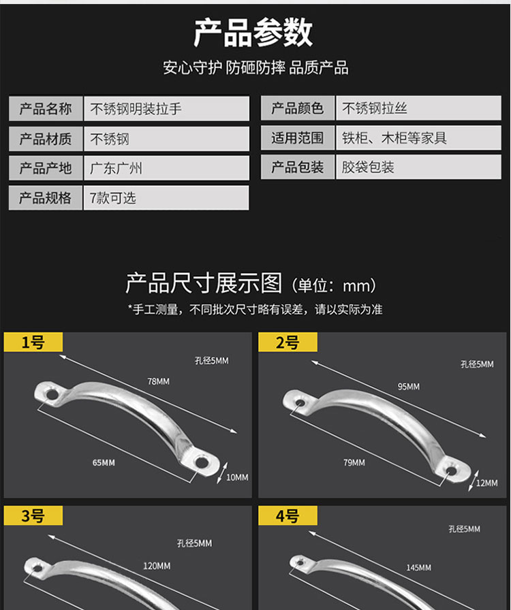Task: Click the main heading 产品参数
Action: (x=253, y=33)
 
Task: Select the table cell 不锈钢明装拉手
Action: (x=166, y=108)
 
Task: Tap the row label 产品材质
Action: (x=46, y=138)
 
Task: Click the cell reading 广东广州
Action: (x=166, y=168)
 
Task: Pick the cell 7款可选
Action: (x=166, y=197)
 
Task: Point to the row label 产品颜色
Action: (x=298, y=108)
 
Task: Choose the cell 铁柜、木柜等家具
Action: (x=419, y=138)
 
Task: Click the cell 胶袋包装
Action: (x=419, y=167)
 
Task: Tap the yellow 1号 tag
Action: (x=33, y=342)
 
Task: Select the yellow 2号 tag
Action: (x=288, y=342)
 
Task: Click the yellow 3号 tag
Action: (x=33, y=515)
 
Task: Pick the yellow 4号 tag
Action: (x=288, y=515)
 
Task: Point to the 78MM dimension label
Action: (x=159, y=381)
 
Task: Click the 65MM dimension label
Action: (x=104, y=462)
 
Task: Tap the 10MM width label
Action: (x=237, y=477)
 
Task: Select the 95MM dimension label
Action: (x=409, y=387)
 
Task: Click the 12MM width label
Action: (x=487, y=483)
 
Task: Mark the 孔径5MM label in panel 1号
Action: (x=212, y=361)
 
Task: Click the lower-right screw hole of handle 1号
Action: (x=202, y=462)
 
